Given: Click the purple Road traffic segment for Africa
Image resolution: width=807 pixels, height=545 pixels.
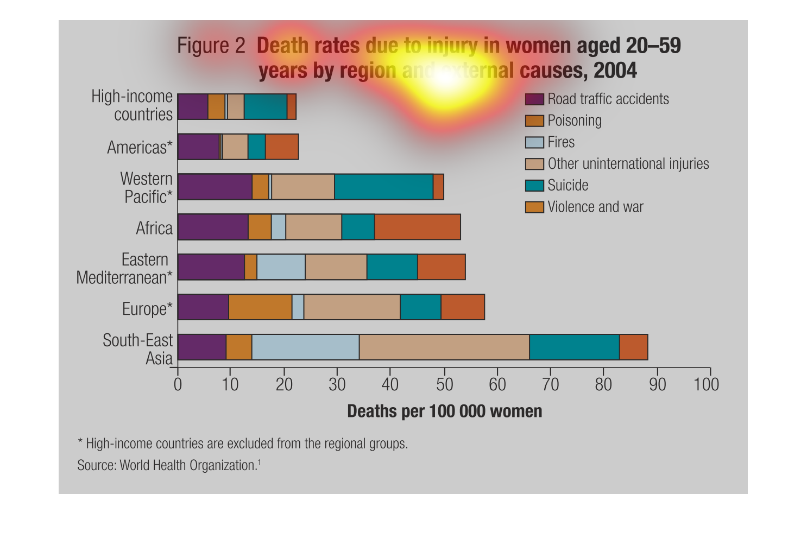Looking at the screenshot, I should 213,227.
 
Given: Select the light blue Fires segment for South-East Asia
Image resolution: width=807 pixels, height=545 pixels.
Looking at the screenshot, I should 305,347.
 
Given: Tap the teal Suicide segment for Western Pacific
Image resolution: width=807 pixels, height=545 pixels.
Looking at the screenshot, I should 383,187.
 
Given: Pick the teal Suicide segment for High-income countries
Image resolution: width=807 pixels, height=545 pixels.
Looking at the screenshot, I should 265,106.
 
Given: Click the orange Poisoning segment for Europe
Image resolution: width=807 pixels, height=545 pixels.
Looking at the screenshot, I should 260,307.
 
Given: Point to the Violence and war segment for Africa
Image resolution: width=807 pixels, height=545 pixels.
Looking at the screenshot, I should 417,227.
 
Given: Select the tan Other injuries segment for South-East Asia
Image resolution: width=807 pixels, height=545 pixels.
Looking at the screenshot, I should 444,347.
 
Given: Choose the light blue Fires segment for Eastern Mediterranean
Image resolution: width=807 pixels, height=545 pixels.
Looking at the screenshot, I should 281,267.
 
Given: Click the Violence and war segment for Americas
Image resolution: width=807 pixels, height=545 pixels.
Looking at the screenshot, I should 281,147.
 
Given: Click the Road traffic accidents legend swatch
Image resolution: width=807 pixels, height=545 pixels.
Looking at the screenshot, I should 534,99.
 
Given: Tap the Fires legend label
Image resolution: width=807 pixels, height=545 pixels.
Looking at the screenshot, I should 560,142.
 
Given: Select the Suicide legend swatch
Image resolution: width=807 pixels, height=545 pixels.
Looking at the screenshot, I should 534,186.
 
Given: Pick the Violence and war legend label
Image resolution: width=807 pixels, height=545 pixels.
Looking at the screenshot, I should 595,207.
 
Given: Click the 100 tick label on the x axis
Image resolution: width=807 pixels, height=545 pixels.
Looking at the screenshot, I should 706,385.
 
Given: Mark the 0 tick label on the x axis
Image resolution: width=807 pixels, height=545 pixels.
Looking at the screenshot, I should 178,385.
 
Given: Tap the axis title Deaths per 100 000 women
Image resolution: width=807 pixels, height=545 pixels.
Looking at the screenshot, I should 444,411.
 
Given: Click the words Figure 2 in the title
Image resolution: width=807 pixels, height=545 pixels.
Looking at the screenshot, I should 211,46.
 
